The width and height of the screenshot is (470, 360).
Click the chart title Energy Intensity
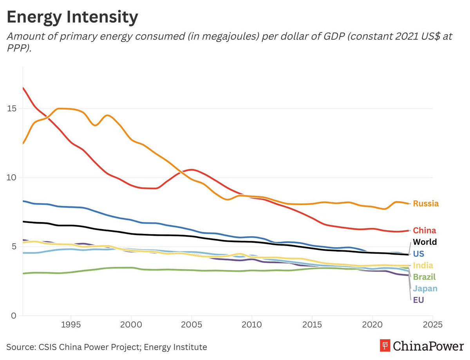pyautogui.click(x=72, y=17)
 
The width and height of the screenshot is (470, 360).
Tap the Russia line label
pyautogui.click(x=426, y=204)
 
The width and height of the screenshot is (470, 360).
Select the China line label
pyautogui.click(x=425, y=231)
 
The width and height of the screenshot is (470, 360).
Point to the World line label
pyautogui.click(x=425, y=242)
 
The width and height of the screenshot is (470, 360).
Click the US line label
pyautogui.click(x=418, y=254)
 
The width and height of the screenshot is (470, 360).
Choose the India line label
pyautogui.click(x=423, y=266)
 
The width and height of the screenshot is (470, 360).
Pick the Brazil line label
pyautogui.click(x=424, y=277)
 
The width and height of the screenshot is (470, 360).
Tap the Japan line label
pyautogui.click(x=425, y=289)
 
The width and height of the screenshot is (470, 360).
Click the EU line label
pyautogui.click(x=418, y=300)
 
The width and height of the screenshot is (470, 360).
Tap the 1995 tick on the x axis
pyautogui.click(x=71, y=325)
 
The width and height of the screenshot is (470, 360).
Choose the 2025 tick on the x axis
pyautogui.click(x=432, y=325)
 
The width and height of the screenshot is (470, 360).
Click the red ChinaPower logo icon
pyautogui.click(x=385, y=346)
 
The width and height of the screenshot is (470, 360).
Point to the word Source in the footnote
pyautogui.click(x=19, y=347)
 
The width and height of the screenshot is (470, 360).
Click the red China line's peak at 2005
pyautogui.click(x=192, y=170)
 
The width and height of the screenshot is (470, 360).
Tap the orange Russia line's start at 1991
pyautogui.click(x=23, y=143)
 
